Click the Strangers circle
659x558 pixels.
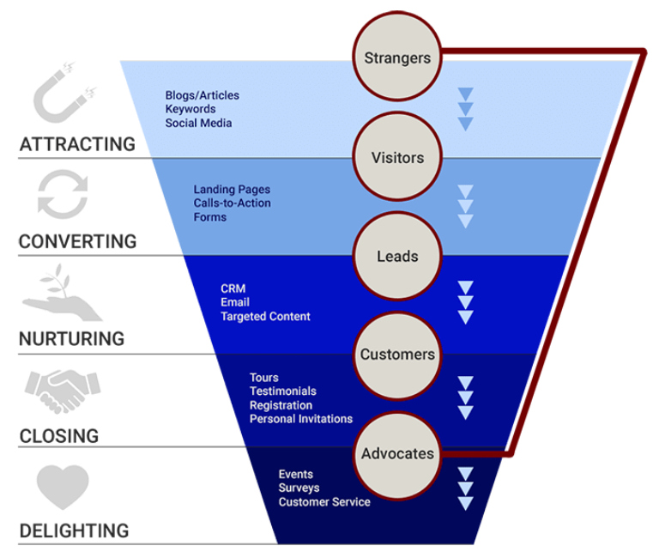[x=397, y=58]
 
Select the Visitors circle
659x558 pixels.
[x=397, y=158]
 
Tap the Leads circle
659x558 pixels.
[x=397, y=256]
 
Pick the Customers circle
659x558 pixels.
[x=397, y=355]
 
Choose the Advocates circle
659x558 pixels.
[x=397, y=453]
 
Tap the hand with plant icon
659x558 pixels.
[x=61, y=293]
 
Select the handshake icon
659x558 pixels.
[x=63, y=391]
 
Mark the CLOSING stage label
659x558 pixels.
[x=59, y=436]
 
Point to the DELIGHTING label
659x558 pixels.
[x=74, y=531]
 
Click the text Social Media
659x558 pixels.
[x=198, y=123]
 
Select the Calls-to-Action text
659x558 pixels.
[x=232, y=203]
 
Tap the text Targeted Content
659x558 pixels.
[x=265, y=317]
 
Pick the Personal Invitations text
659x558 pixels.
[x=300, y=419]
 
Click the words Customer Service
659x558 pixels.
[x=324, y=502]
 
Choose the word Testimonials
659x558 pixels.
[x=282, y=391]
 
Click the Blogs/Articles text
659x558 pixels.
[x=202, y=95]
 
